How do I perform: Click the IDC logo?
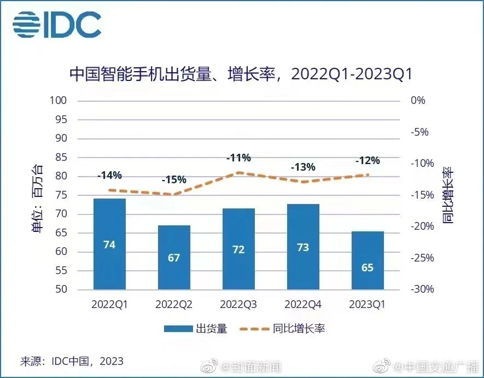click(57, 24)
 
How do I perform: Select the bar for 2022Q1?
click(109, 244)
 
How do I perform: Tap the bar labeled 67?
click(174, 257)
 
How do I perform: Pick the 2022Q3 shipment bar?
click(238, 249)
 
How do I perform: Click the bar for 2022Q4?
click(303, 247)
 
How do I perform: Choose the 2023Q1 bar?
click(367, 260)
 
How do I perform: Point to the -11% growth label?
click(238, 158)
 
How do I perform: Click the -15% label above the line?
click(174, 179)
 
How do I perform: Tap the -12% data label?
click(367, 161)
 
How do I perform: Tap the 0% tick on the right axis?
click(417, 101)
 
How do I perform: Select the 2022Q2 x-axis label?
click(174, 305)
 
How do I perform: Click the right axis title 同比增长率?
click(448, 195)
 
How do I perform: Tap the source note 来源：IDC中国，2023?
click(72, 361)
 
